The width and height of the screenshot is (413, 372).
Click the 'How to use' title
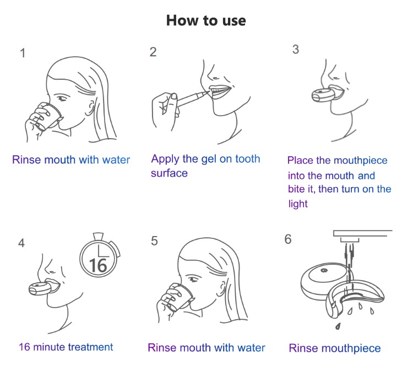pyautogui.click(x=206, y=20)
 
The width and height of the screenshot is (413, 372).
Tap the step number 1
pyautogui.click(x=23, y=53)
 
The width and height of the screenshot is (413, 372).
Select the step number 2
pyautogui.click(x=153, y=52)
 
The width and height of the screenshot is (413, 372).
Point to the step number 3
pyautogui.click(x=296, y=49)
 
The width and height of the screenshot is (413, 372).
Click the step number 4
pyautogui.click(x=21, y=243)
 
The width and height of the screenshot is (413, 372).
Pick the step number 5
pyautogui.click(x=154, y=241)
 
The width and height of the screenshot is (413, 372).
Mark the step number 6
pyautogui.click(x=288, y=239)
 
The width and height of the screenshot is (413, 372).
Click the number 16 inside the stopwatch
pyautogui.click(x=98, y=265)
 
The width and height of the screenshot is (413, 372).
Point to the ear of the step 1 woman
pyautogui.click(x=91, y=108)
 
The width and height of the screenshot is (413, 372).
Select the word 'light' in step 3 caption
pyautogui.click(x=298, y=204)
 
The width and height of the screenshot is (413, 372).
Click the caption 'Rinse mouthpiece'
pyautogui.click(x=335, y=348)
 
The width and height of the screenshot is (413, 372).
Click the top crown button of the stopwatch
pyautogui.click(x=98, y=236)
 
